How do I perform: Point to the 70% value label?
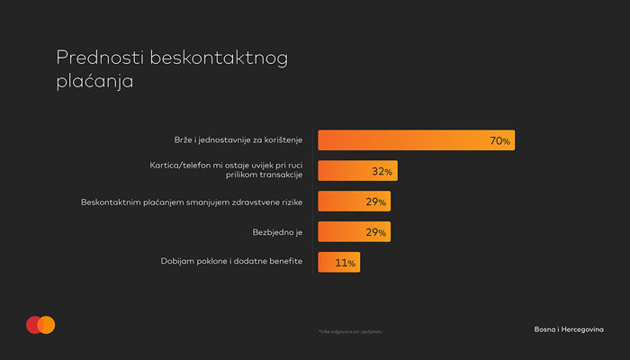[499, 141]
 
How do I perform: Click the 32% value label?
[382, 171]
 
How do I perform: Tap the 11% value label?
[346, 263]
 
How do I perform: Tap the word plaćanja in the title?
[94, 80]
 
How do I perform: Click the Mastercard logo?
[40, 325]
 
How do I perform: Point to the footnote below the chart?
[344, 332]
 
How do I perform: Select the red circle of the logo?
[34, 325]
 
